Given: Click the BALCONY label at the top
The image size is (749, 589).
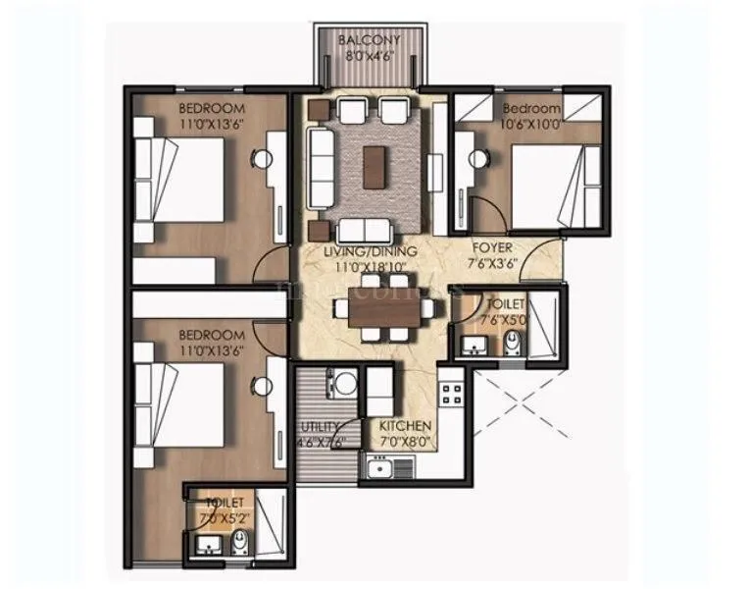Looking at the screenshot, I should click(368, 40).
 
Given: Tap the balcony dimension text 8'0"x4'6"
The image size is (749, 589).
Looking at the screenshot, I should click(368, 55).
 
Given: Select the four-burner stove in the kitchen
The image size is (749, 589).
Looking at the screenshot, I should click(454, 396).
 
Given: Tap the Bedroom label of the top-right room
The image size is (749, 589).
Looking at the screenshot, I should click(531, 108).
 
